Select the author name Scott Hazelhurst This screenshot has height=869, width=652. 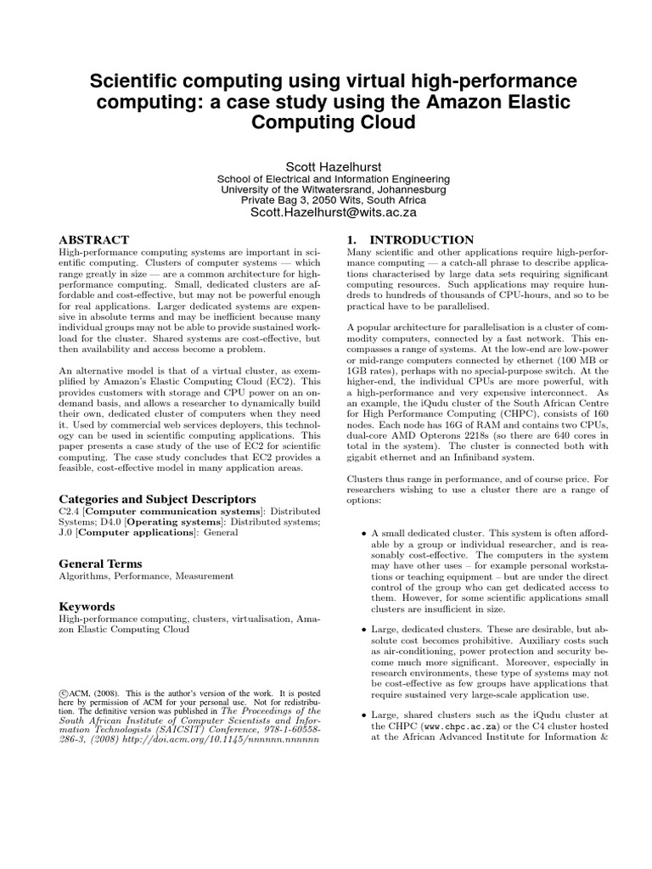tap(326, 164)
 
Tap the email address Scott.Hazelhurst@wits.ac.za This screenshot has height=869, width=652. tap(326, 215)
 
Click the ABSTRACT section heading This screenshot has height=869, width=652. tap(94, 241)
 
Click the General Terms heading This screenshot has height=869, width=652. tap(100, 563)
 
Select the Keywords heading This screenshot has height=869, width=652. tap(87, 607)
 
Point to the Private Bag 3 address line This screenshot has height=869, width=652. tap(326, 200)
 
